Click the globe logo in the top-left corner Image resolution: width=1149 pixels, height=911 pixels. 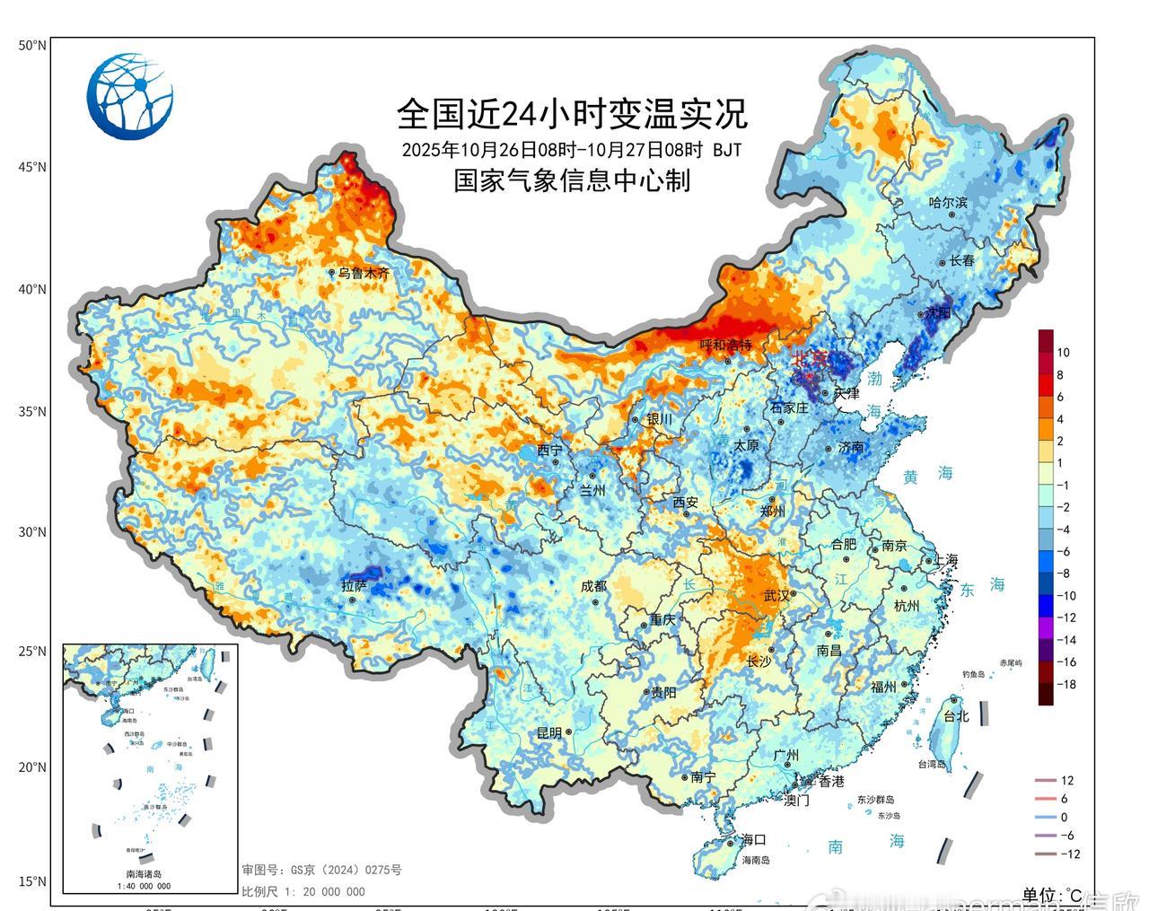pos(130,96)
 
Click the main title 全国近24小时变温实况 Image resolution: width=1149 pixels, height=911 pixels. pos(572,113)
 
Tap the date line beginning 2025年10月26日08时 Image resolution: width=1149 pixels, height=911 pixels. pos(572,149)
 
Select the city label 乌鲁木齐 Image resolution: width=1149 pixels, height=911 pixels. pos(363,273)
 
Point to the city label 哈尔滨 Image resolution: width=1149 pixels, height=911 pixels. pos(948,203)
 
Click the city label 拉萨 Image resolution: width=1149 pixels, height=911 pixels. pos(354,586)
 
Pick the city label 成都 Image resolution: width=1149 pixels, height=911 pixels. pos(594,586)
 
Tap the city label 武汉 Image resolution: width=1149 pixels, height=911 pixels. pos(776,595)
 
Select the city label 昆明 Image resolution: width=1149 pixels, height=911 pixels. pos(549,732)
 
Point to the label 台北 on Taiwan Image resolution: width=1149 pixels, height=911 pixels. pos(956,716)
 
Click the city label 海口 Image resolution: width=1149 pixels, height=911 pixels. pos(753,840)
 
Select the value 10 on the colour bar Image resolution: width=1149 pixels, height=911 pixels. pos(1063,353)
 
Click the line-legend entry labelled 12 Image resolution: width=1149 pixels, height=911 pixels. pos(1066,781)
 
